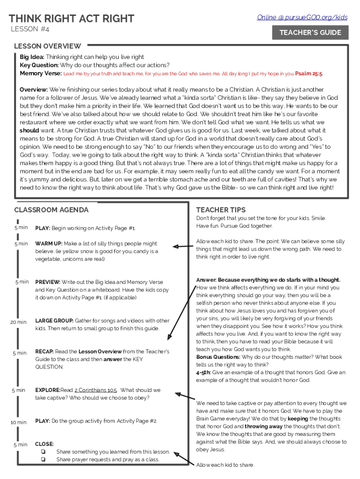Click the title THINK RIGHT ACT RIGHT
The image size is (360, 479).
[x=72, y=19]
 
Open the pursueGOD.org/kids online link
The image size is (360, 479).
[x=302, y=17]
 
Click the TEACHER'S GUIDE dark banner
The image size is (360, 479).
[x=310, y=33]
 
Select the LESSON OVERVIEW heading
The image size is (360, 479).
[x=47, y=46]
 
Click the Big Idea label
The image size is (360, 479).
[x=32, y=57]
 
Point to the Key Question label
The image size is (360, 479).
[x=39, y=65]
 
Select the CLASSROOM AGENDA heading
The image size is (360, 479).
[x=51, y=210]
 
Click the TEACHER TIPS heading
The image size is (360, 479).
[x=221, y=210]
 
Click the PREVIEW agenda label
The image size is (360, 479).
[x=48, y=282]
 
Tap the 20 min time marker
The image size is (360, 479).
[x=19, y=322]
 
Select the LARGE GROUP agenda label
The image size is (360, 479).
[x=54, y=321]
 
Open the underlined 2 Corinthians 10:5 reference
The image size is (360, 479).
[x=95, y=390]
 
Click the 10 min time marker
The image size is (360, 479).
[x=19, y=422]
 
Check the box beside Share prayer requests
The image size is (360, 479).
[x=43, y=459]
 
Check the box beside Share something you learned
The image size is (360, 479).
[x=43, y=452]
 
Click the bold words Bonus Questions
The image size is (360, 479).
[x=218, y=357]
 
